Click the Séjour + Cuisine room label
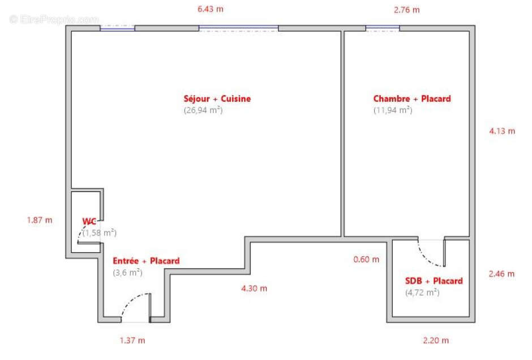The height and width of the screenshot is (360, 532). point(217,98)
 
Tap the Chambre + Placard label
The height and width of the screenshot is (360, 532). point(412,98)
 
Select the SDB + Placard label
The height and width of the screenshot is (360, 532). point(434,281)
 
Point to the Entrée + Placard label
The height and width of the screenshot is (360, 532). point(146,261)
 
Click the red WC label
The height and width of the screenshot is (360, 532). point(89,221)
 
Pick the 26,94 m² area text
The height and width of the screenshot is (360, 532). point(203,110)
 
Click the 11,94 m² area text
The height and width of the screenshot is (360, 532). point(393,110)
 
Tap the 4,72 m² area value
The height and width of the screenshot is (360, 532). point(422,293)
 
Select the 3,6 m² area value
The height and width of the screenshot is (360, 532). point(127,272)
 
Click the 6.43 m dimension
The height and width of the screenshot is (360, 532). point(211,9)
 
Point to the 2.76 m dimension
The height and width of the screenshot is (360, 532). point(406,10)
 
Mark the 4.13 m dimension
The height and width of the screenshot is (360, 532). point(502,131)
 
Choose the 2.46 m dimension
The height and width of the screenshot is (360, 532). point(501,274)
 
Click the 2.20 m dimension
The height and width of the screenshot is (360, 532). point(436,340)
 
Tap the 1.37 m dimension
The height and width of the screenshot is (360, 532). point(132,340)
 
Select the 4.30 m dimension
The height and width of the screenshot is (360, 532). point(254,289)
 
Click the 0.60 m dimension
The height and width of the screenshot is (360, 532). point(366,260)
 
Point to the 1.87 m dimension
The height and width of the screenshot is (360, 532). point(40,220)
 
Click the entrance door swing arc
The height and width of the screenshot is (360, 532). point(130,301)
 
